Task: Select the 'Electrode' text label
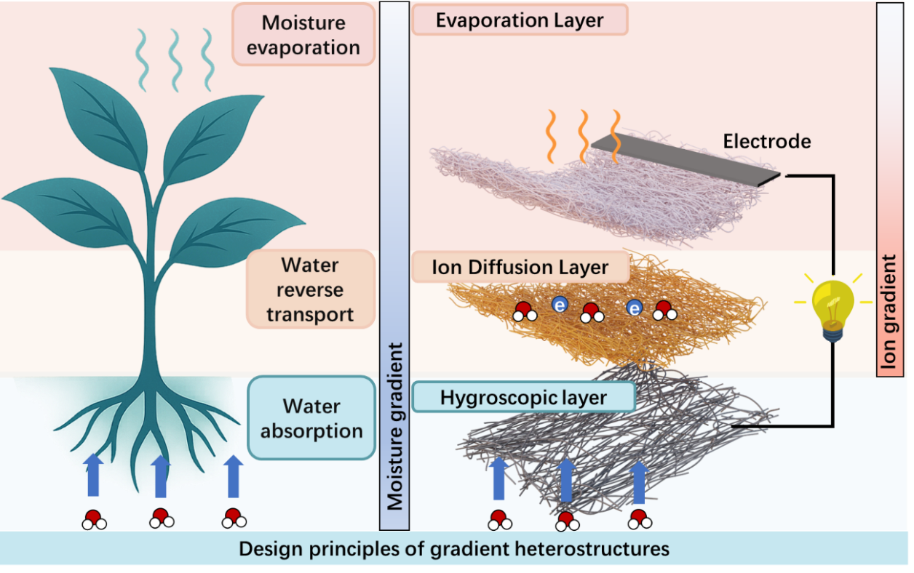tap(766, 141)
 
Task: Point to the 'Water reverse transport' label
tap(310, 289)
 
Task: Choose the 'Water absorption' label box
tap(311, 418)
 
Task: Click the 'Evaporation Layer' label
tap(520, 20)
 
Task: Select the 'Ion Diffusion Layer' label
tap(520, 268)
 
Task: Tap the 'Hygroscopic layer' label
tap(523, 398)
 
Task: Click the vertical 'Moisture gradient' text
tap(394, 429)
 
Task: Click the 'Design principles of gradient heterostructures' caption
tap(454, 548)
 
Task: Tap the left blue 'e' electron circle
tap(559, 305)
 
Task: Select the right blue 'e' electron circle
tap(635, 308)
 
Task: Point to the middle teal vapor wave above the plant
tap(175, 60)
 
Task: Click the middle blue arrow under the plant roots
tap(160, 476)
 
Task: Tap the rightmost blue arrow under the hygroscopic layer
tap(638, 481)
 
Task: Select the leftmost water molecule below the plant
tap(94, 520)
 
